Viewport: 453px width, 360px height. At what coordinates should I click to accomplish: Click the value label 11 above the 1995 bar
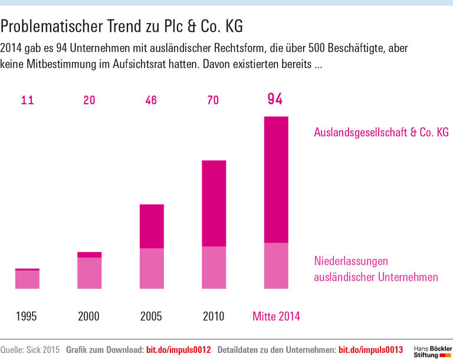[27, 100]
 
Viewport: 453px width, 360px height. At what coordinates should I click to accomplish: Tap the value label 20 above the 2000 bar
[89, 100]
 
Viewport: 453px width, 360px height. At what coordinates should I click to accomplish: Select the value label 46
[151, 100]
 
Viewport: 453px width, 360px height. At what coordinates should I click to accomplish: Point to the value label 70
[213, 100]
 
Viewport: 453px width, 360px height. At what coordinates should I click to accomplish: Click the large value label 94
[275, 99]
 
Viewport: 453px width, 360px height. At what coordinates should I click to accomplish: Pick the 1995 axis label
[27, 316]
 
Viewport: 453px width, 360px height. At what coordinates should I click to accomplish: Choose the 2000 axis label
[89, 316]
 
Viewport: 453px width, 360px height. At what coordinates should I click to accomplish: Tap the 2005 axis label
[151, 316]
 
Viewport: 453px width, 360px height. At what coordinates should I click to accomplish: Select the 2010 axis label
[213, 316]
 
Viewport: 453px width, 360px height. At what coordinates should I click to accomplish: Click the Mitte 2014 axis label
[276, 316]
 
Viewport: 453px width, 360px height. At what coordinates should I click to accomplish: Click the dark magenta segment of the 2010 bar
[214, 203]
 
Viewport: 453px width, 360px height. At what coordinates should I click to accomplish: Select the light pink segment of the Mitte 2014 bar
[276, 266]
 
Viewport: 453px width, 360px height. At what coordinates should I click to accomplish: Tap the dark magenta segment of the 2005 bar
[152, 226]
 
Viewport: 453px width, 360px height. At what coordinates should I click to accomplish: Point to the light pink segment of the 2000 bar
[90, 273]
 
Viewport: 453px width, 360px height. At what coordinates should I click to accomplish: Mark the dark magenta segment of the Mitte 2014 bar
[276, 180]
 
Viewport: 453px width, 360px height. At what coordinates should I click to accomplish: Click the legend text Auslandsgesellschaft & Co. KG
[381, 133]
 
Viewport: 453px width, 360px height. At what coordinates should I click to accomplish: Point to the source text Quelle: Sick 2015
[30, 350]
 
